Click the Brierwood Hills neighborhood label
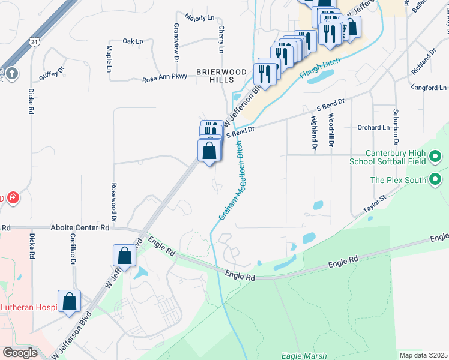pos(221,76)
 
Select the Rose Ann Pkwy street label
pos(164,79)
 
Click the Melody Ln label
pos(199,17)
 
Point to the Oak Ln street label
pos(133,41)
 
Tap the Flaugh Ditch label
pos(319,69)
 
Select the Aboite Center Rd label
pos(80,228)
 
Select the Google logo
pos(20,353)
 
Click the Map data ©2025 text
pos(423,355)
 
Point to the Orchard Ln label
pos(373,127)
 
